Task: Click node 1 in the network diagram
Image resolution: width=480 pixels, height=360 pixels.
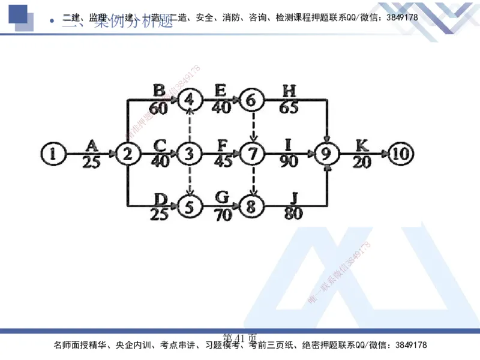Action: pyautogui.click(x=53, y=154)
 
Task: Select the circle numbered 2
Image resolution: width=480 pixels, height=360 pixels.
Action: pyautogui.click(x=127, y=154)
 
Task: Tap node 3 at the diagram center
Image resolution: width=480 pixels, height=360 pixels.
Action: pyautogui.click(x=190, y=154)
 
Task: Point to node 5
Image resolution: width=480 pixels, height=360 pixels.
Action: pyautogui.click(x=190, y=208)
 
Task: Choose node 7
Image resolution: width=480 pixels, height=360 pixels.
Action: pyautogui.click(x=253, y=154)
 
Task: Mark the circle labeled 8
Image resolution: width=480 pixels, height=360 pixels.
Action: pyautogui.click(x=253, y=208)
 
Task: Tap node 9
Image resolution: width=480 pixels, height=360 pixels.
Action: pyautogui.click(x=326, y=154)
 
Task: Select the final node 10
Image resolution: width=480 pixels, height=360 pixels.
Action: pyautogui.click(x=400, y=154)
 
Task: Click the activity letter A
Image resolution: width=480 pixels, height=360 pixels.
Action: pyautogui.click(x=92, y=145)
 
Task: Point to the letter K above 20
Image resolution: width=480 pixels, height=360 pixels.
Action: pyautogui.click(x=362, y=145)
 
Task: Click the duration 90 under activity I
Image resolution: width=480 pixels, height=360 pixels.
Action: pyautogui.click(x=289, y=162)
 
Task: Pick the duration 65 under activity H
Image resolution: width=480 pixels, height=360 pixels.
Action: pyautogui.click(x=289, y=109)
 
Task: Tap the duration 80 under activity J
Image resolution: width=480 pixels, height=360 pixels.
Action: pyautogui.click(x=293, y=214)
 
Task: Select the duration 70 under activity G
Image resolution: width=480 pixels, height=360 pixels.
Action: pyautogui.click(x=223, y=215)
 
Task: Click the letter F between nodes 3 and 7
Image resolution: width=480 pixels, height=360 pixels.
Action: pyautogui.click(x=223, y=145)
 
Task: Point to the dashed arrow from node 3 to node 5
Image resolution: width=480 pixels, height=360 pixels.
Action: pyautogui.click(x=190, y=181)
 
